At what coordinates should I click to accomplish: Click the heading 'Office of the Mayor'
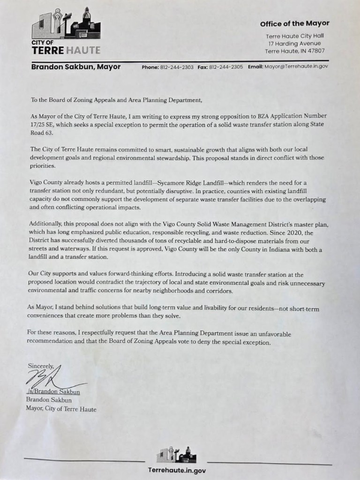(x=295, y=23)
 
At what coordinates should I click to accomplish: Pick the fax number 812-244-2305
(x=226, y=67)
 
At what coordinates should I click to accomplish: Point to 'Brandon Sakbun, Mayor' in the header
(x=75, y=67)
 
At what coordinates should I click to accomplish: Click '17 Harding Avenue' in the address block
(x=297, y=44)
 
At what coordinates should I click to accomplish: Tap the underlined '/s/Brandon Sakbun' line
(x=55, y=392)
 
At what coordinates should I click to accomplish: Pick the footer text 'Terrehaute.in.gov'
(x=176, y=469)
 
